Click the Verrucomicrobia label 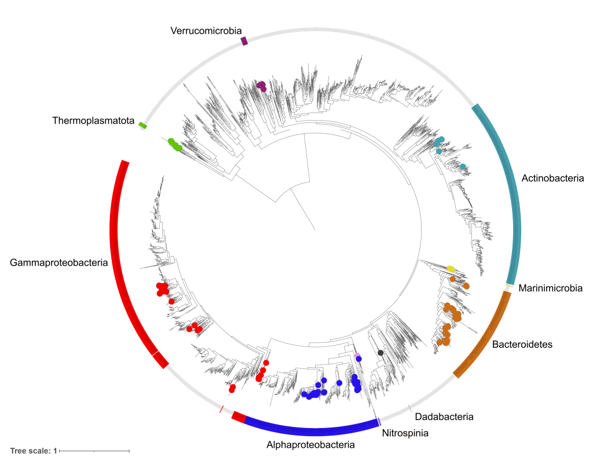[x=206, y=30]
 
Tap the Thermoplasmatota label [x=93, y=121]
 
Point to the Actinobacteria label [x=553, y=178]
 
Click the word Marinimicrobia [x=551, y=288]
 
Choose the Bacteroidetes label [x=522, y=345]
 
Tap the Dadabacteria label [x=445, y=416]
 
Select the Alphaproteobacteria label [x=310, y=445]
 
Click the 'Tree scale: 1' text [x=33, y=451]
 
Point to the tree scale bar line [x=94, y=451]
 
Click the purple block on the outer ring [x=244, y=41]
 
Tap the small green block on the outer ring [x=142, y=125]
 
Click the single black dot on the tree [x=380, y=353]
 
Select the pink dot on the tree [x=357, y=356]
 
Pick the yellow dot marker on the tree [x=451, y=269]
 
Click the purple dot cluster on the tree [x=261, y=86]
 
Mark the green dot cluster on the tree [x=174, y=144]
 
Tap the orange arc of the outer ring [x=485, y=337]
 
